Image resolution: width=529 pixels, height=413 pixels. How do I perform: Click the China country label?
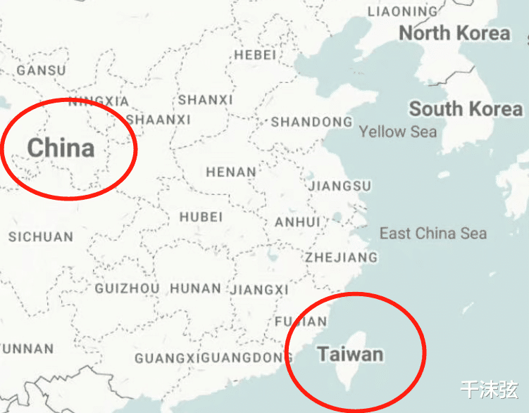[x=61, y=148]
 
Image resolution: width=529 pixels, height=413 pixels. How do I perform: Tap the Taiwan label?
[x=350, y=353]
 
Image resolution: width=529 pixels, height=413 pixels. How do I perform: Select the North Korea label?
[x=454, y=33]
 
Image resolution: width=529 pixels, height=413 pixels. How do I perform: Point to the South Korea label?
[x=466, y=109]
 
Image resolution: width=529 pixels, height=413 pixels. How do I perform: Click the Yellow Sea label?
[x=397, y=132]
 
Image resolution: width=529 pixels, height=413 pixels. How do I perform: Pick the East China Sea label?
[x=432, y=234]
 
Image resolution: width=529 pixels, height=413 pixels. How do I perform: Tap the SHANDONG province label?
[x=311, y=122]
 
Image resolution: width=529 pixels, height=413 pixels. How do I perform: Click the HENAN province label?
[x=231, y=172]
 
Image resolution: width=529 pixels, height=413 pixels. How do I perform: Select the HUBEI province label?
[x=201, y=217]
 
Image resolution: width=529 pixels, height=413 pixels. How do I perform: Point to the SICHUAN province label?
[x=41, y=237]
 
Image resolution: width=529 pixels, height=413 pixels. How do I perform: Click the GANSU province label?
[x=41, y=70]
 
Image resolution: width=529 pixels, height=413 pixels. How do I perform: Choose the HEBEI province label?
[x=256, y=55]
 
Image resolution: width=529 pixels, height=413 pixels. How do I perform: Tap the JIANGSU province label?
[x=340, y=186]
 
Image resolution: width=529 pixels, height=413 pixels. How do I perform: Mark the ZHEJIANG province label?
[x=341, y=258]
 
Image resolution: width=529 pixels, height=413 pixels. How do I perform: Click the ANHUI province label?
[x=297, y=222]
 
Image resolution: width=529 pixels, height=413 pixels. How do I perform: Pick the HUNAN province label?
[x=195, y=288]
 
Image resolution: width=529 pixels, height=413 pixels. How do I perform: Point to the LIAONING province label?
[x=402, y=12]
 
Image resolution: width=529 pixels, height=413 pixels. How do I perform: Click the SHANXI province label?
[x=205, y=101]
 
